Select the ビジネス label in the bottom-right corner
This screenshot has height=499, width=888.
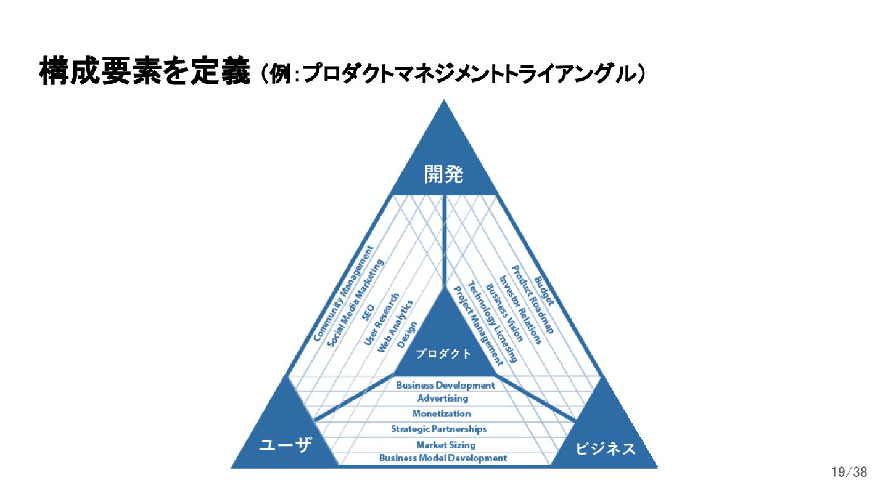pyautogui.click(x=605, y=448)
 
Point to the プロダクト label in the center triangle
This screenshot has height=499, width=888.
pyautogui.click(x=443, y=354)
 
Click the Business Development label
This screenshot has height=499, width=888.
pyautogui.click(x=445, y=385)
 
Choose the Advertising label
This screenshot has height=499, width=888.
pyautogui.click(x=443, y=399)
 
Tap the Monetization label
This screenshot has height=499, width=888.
pyautogui.click(x=442, y=413)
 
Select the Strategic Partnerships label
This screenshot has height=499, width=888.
pyautogui.click(x=439, y=429)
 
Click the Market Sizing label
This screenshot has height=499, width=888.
pyautogui.click(x=446, y=445)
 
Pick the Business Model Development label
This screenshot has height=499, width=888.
pyautogui.click(x=443, y=458)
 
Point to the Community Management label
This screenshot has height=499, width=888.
pyautogui.click(x=343, y=294)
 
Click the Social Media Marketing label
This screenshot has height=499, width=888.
pyautogui.click(x=355, y=302)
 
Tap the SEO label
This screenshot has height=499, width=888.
pyautogui.click(x=369, y=312)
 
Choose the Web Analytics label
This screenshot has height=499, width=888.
pyautogui.click(x=395, y=326)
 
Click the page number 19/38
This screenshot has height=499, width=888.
pyautogui.click(x=849, y=473)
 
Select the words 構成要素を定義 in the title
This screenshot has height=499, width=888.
pyautogui.click(x=145, y=73)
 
